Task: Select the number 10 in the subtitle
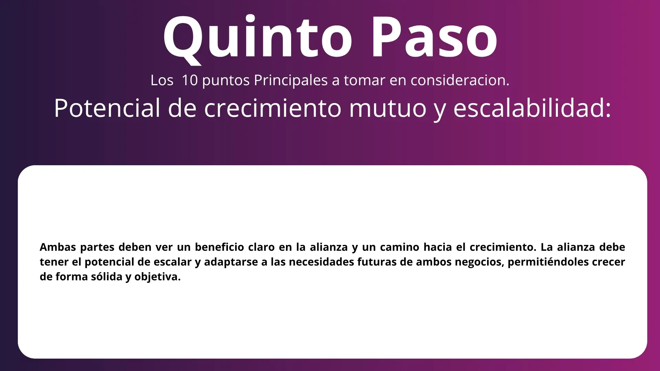point(190,80)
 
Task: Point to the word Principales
point(291,80)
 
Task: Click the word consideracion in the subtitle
point(460,80)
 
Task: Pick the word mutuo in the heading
point(387,108)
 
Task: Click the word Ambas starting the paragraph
point(58,247)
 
